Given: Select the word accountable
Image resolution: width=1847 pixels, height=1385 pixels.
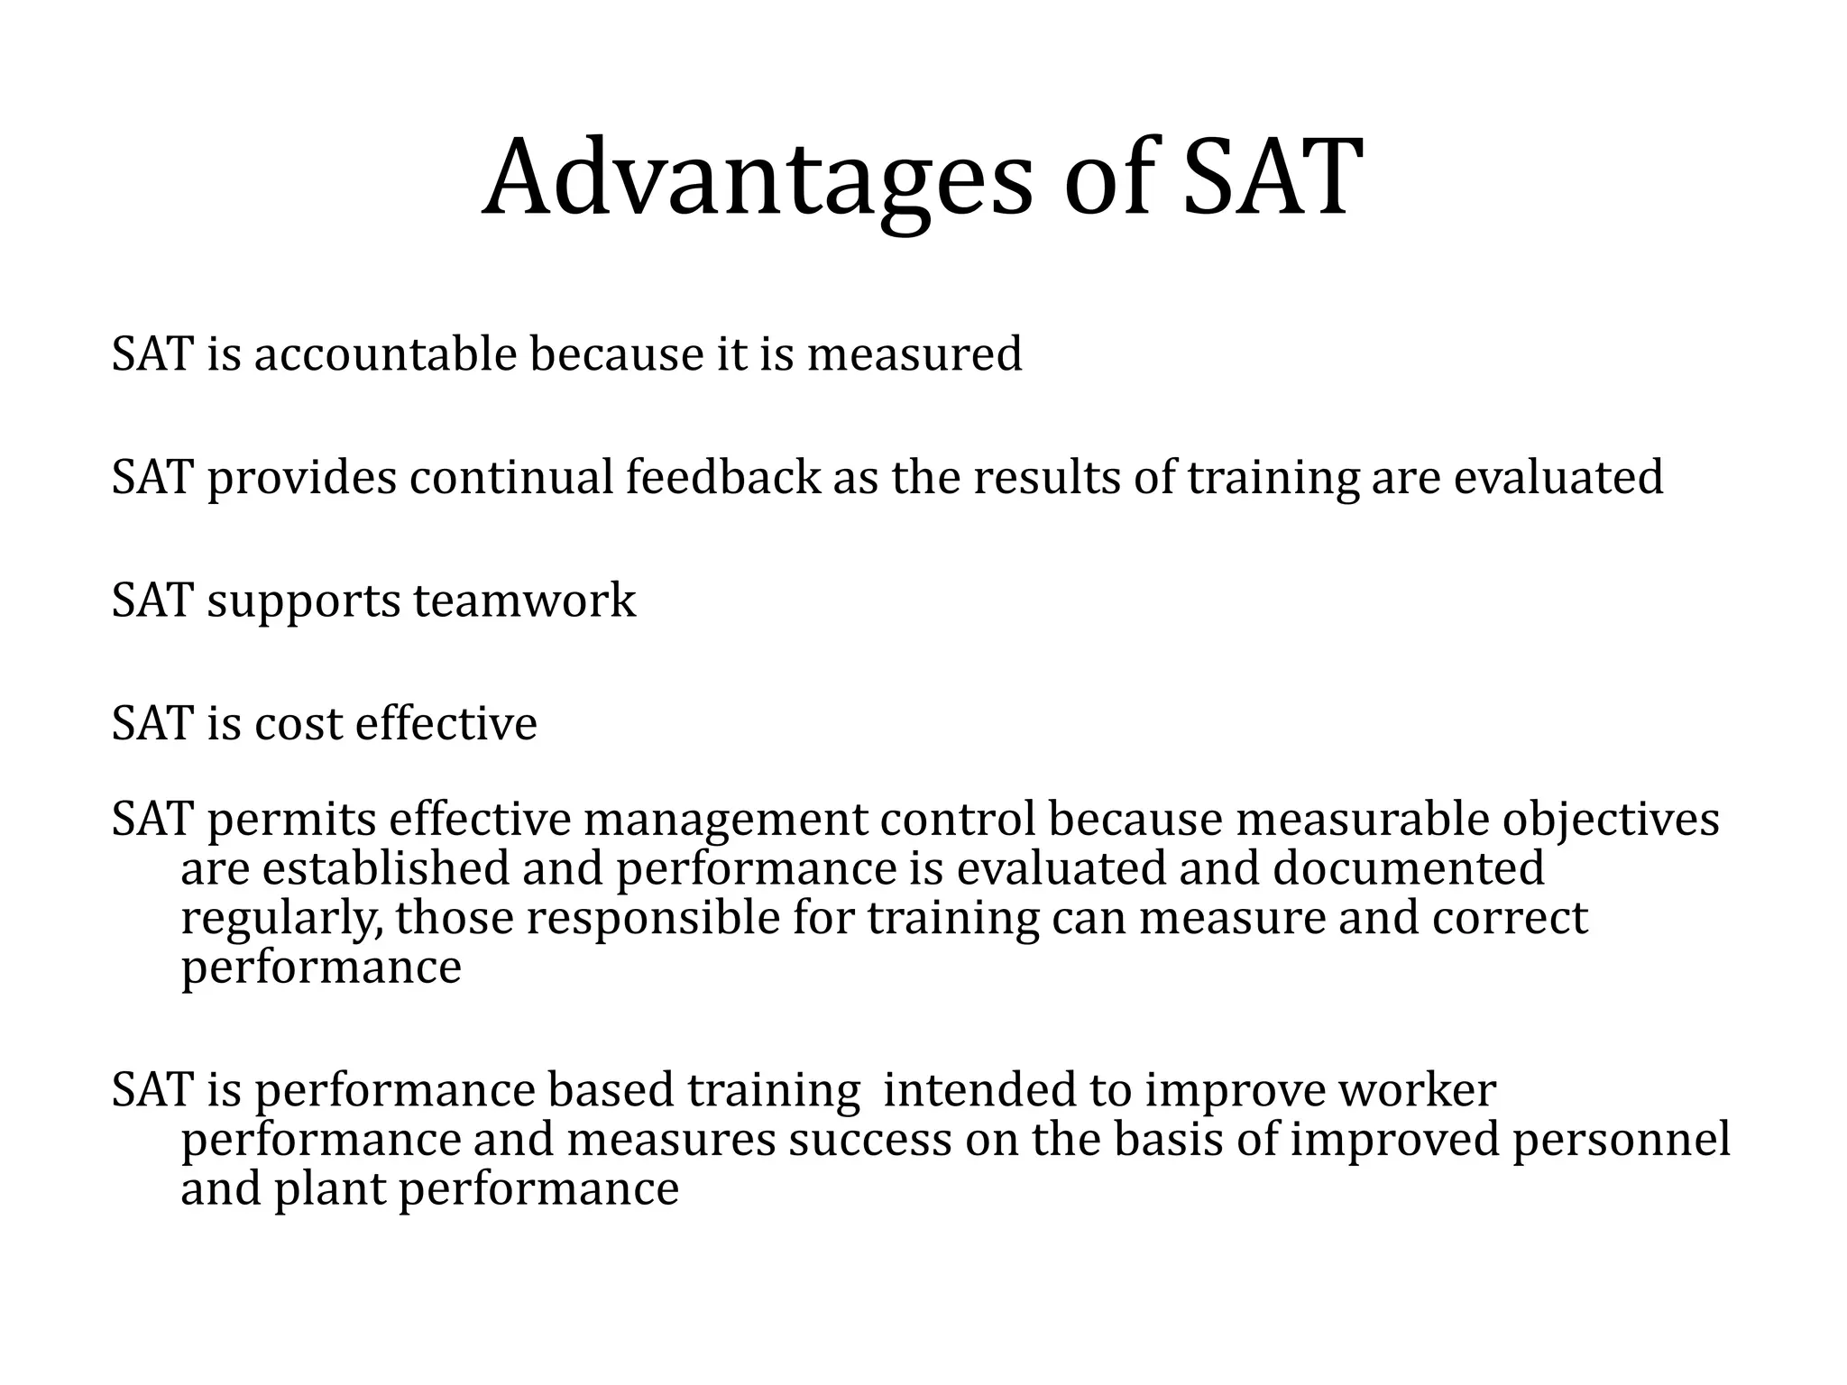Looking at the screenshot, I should (x=385, y=353).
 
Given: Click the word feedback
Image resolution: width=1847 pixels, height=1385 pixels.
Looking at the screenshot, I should (x=723, y=477).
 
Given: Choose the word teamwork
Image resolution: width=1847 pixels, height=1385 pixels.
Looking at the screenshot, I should (x=524, y=601).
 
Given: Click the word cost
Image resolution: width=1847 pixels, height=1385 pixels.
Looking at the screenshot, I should (x=299, y=724).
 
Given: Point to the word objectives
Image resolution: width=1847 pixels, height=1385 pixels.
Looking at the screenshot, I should (x=1610, y=821).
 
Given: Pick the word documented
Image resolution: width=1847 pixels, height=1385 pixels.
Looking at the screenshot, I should (x=1409, y=868).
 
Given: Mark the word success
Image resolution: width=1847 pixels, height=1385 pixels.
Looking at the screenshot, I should (x=870, y=1139).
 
